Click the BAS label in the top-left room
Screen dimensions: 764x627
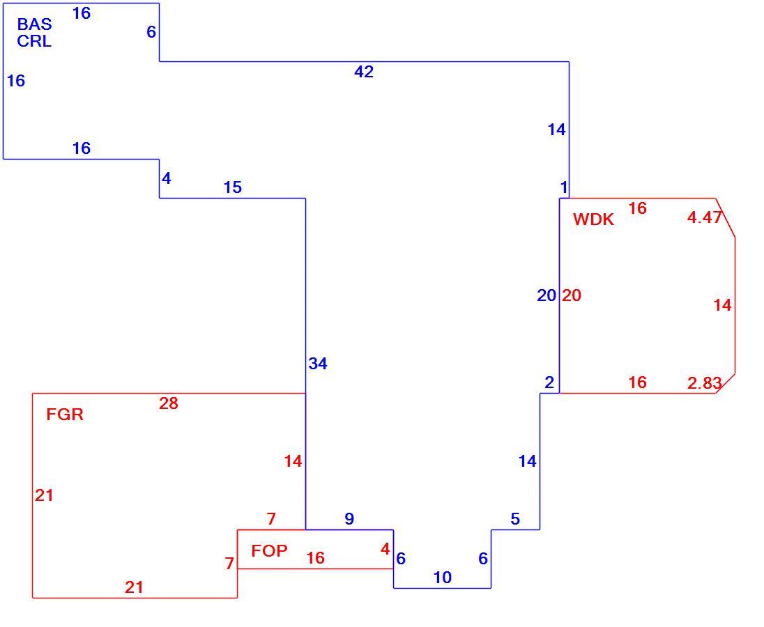(35, 24)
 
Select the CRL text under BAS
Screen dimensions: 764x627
(34, 41)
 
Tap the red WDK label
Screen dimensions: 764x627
(593, 219)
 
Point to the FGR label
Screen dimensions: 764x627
(65, 415)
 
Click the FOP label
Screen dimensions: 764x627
(270, 551)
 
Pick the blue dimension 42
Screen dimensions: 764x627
(364, 72)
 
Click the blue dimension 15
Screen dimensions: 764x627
(233, 187)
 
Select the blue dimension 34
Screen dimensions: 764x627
(318, 364)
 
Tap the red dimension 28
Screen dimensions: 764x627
(169, 403)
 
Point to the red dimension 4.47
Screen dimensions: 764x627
(704, 217)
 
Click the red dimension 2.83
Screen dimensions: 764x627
(704, 384)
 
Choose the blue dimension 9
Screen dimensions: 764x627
(349, 519)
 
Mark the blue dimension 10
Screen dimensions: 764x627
(443, 578)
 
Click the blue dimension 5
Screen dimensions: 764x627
(515, 520)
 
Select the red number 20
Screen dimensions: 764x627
(572, 295)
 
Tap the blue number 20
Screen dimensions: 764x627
(547, 295)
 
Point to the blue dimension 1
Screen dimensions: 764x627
(564, 187)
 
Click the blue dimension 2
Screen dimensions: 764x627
(549, 383)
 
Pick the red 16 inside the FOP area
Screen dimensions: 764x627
(316, 558)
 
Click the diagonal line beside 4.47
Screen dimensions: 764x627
(725, 218)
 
